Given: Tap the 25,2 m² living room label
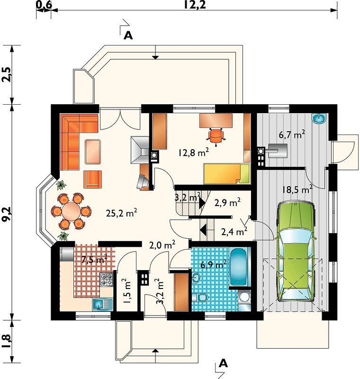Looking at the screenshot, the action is click(x=122, y=213).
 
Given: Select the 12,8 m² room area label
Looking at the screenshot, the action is click(x=194, y=152).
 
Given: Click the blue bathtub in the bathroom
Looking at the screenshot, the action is click(x=238, y=267).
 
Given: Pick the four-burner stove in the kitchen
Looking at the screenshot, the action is click(x=107, y=279).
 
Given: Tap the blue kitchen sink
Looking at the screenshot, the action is click(x=102, y=304).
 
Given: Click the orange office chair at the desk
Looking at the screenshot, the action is click(x=216, y=136).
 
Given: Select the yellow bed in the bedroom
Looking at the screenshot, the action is click(x=226, y=173).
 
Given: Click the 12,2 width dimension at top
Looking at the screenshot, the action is click(x=195, y=5).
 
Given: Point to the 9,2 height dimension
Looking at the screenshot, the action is click(x=7, y=214).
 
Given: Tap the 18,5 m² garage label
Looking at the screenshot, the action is click(x=297, y=189).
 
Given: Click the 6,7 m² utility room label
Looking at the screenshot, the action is click(x=292, y=134).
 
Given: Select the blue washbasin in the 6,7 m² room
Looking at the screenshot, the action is click(x=319, y=118).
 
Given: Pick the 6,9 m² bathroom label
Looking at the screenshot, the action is click(x=213, y=264).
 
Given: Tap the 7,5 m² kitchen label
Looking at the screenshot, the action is click(x=94, y=259).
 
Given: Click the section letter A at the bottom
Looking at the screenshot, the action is click(x=224, y=363).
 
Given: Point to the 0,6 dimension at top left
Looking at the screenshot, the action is click(x=44, y=5).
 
